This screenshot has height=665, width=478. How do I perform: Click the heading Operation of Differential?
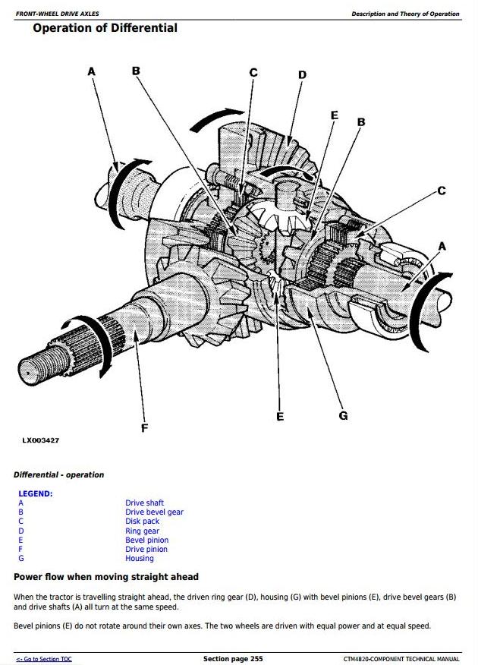point(105,28)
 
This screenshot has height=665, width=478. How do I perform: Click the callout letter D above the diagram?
point(302,74)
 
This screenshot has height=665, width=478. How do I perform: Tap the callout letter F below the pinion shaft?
point(144,428)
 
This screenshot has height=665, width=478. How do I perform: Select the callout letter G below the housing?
point(343,415)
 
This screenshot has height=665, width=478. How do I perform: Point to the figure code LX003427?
point(41,440)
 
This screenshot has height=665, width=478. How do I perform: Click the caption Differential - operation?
point(58,474)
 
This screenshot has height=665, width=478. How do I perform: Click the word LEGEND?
point(36,493)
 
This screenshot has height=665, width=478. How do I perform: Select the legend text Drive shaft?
point(144,503)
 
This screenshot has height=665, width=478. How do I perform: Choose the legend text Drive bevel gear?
point(154,512)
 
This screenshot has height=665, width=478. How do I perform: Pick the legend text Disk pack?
point(142,522)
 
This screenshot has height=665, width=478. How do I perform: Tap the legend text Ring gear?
point(142,531)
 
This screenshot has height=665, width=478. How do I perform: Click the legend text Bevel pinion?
point(146,540)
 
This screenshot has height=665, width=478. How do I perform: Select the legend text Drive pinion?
point(146,549)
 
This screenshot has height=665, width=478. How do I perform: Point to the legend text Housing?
point(139,558)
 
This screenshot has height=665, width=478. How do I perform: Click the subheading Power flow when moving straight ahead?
point(106,577)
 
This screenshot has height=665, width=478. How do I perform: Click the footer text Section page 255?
point(233,658)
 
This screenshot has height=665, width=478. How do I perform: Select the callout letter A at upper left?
point(92,71)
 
